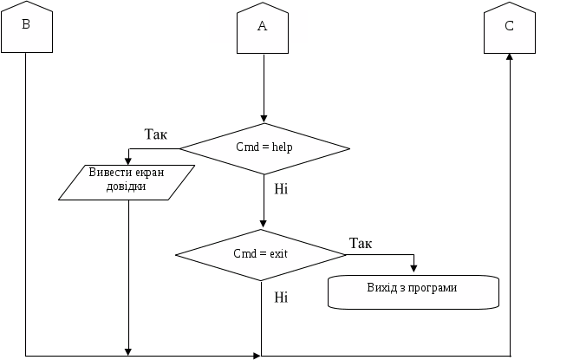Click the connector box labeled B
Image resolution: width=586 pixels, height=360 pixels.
point(26,27)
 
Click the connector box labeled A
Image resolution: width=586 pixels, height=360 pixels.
point(263,27)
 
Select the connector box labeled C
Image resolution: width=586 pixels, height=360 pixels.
point(509,27)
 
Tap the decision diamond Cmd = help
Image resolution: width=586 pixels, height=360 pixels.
point(264,147)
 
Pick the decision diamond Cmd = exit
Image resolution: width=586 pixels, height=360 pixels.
point(261,254)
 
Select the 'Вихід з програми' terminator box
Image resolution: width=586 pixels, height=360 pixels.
point(413,290)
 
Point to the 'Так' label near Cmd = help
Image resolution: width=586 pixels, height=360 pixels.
point(155,134)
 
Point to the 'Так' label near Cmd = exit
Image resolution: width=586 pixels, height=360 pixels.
point(361,242)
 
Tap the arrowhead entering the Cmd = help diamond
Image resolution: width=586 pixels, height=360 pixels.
point(264,120)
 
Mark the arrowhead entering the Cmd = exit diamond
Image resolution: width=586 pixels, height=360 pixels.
point(263,226)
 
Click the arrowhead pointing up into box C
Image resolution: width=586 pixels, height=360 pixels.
point(509,56)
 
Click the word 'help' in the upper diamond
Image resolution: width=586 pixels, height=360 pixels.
point(282,147)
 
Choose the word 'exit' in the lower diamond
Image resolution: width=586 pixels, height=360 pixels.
point(277,254)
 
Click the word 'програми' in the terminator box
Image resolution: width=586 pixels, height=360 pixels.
point(435,287)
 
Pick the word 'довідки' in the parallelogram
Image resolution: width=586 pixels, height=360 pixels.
point(127,187)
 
